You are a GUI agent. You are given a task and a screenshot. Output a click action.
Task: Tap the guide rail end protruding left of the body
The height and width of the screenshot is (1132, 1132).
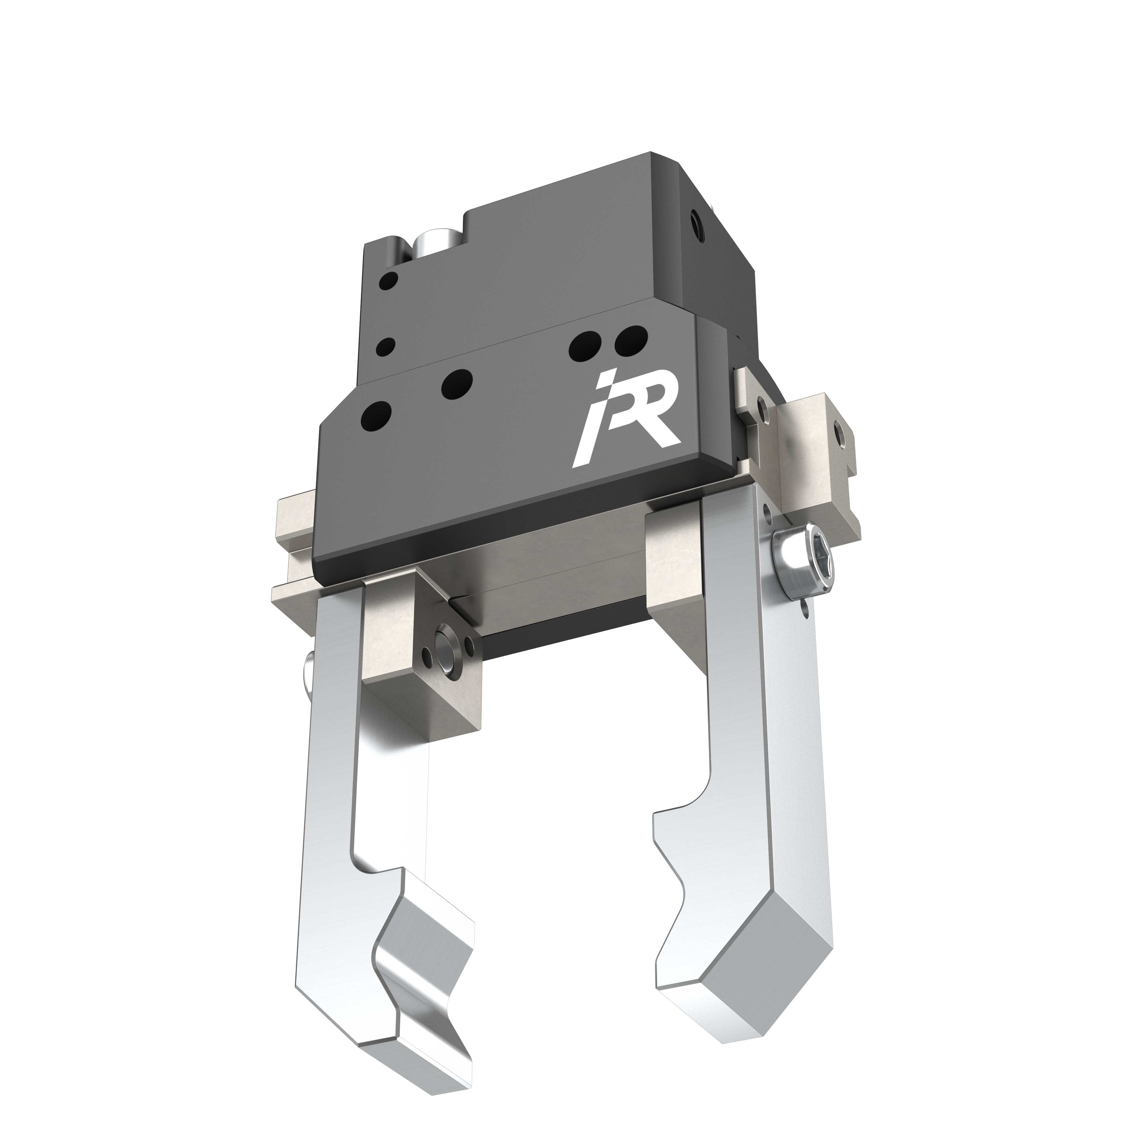click(x=293, y=516)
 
